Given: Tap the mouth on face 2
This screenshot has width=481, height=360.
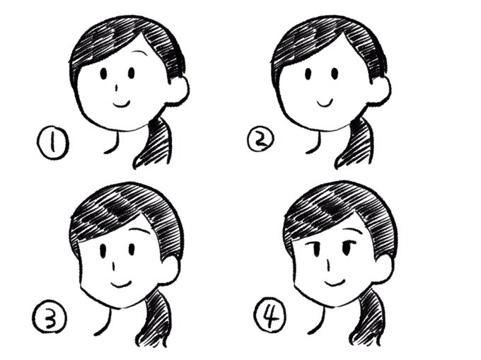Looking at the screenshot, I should (x=326, y=102).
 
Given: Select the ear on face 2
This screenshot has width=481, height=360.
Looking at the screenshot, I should (x=381, y=91).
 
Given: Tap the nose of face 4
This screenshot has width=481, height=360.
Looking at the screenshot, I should (x=328, y=267).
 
